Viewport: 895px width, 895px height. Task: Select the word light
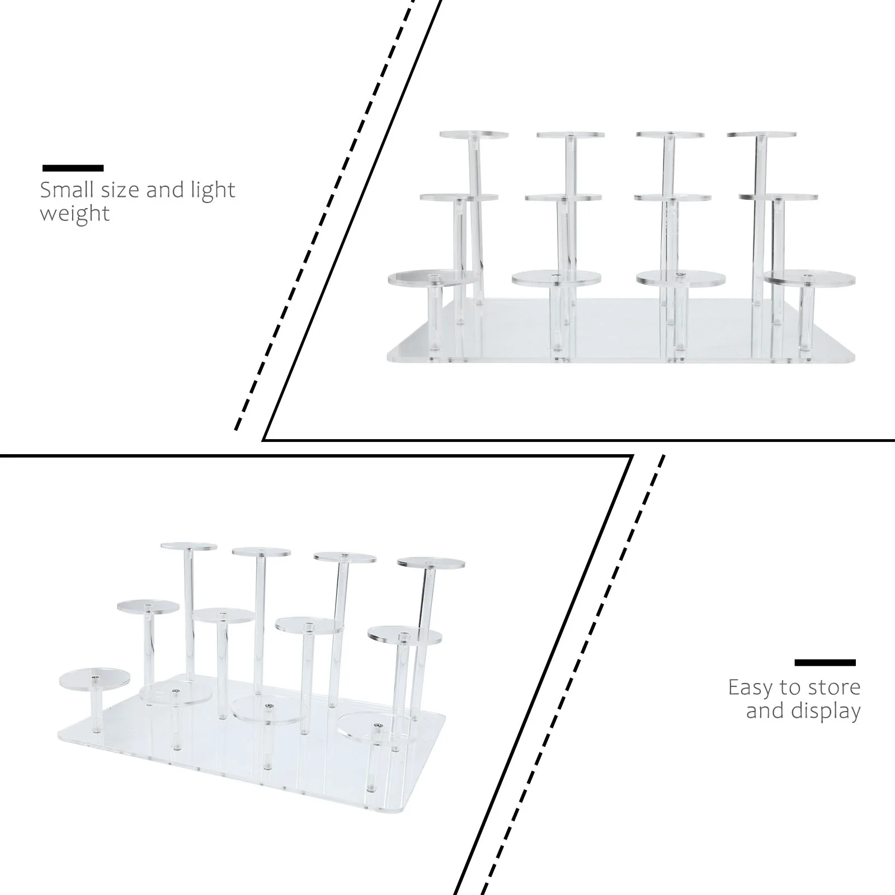(212, 190)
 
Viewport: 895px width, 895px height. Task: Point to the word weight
(75, 214)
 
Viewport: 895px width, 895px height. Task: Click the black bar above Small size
(73, 168)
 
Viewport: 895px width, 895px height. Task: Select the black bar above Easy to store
(825, 663)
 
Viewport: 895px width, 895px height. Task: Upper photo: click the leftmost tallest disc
(474, 135)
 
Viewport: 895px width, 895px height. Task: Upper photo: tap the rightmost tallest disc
(761, 135)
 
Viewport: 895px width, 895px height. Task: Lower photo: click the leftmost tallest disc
(189, 546)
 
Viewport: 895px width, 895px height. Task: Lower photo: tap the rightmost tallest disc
(431, 563)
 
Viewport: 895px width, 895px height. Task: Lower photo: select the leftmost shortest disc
(94, 679)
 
